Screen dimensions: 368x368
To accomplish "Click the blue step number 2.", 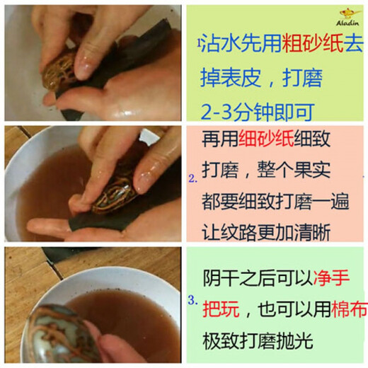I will click(x=192, y=180).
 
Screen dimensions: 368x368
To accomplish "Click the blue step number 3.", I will click(x=192, y=300).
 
